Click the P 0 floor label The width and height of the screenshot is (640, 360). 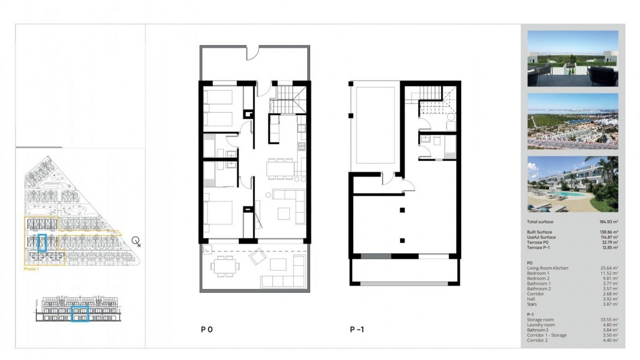point(207,330)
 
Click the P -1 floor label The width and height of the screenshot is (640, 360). point(357,330)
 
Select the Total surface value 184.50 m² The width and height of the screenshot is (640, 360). point(608,222)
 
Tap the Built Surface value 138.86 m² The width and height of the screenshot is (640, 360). point(609,232)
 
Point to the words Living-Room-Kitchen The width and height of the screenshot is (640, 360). point(547,268)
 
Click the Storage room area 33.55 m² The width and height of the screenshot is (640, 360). point(609,320)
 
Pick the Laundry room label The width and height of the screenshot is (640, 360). point(541,325)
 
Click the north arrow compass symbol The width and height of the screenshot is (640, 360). point(136,240)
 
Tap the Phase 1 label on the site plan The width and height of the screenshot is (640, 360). point(31,269)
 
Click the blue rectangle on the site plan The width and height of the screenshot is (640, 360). point(42,243)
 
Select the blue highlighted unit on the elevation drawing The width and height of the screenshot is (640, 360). point(80,314)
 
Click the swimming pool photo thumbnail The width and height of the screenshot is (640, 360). point(573,184)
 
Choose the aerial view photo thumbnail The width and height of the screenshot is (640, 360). point(573,121)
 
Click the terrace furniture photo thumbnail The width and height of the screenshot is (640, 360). point(573,59)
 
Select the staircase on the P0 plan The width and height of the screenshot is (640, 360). point(288,99)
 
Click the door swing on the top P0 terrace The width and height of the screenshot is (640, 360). point(252,53)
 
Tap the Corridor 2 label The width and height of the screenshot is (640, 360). point(537,340)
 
